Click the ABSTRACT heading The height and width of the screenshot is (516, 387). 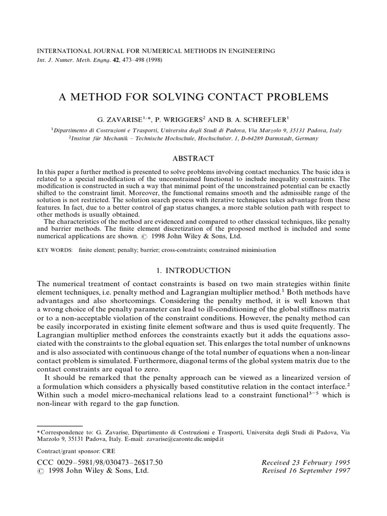click(193, 158)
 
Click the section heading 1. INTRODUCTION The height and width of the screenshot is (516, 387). click(193, 270)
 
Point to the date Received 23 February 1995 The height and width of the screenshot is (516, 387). click(306, 462)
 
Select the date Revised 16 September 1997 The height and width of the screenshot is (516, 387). click(306, 471)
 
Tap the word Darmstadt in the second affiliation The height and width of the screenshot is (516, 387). click(284, 138)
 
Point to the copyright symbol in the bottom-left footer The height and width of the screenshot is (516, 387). click(41, 471)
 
